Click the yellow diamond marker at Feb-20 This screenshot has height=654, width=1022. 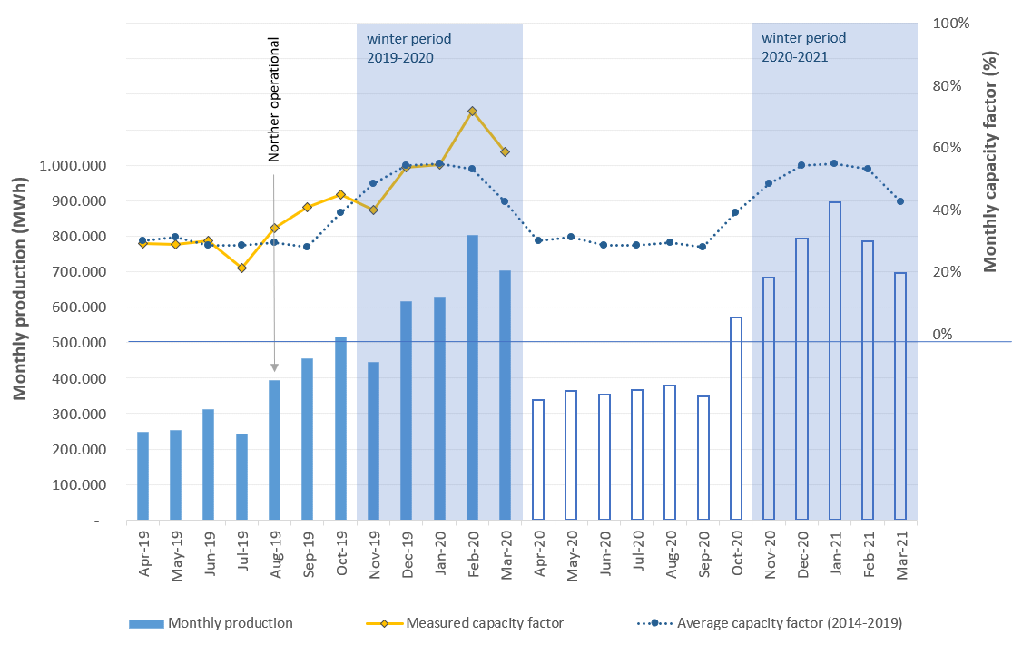(x=472, y=112)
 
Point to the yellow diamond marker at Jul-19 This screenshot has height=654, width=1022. (x=241, y=268)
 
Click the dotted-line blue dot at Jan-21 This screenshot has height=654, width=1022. (x=834, y=163)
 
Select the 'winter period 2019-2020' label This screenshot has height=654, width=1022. (x=408, y=48)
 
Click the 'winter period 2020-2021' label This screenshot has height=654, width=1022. (x=803, y=48)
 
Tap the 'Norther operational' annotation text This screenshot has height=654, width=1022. (x=273, y=99)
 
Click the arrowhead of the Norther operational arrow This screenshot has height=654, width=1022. (x=273, y=367)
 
